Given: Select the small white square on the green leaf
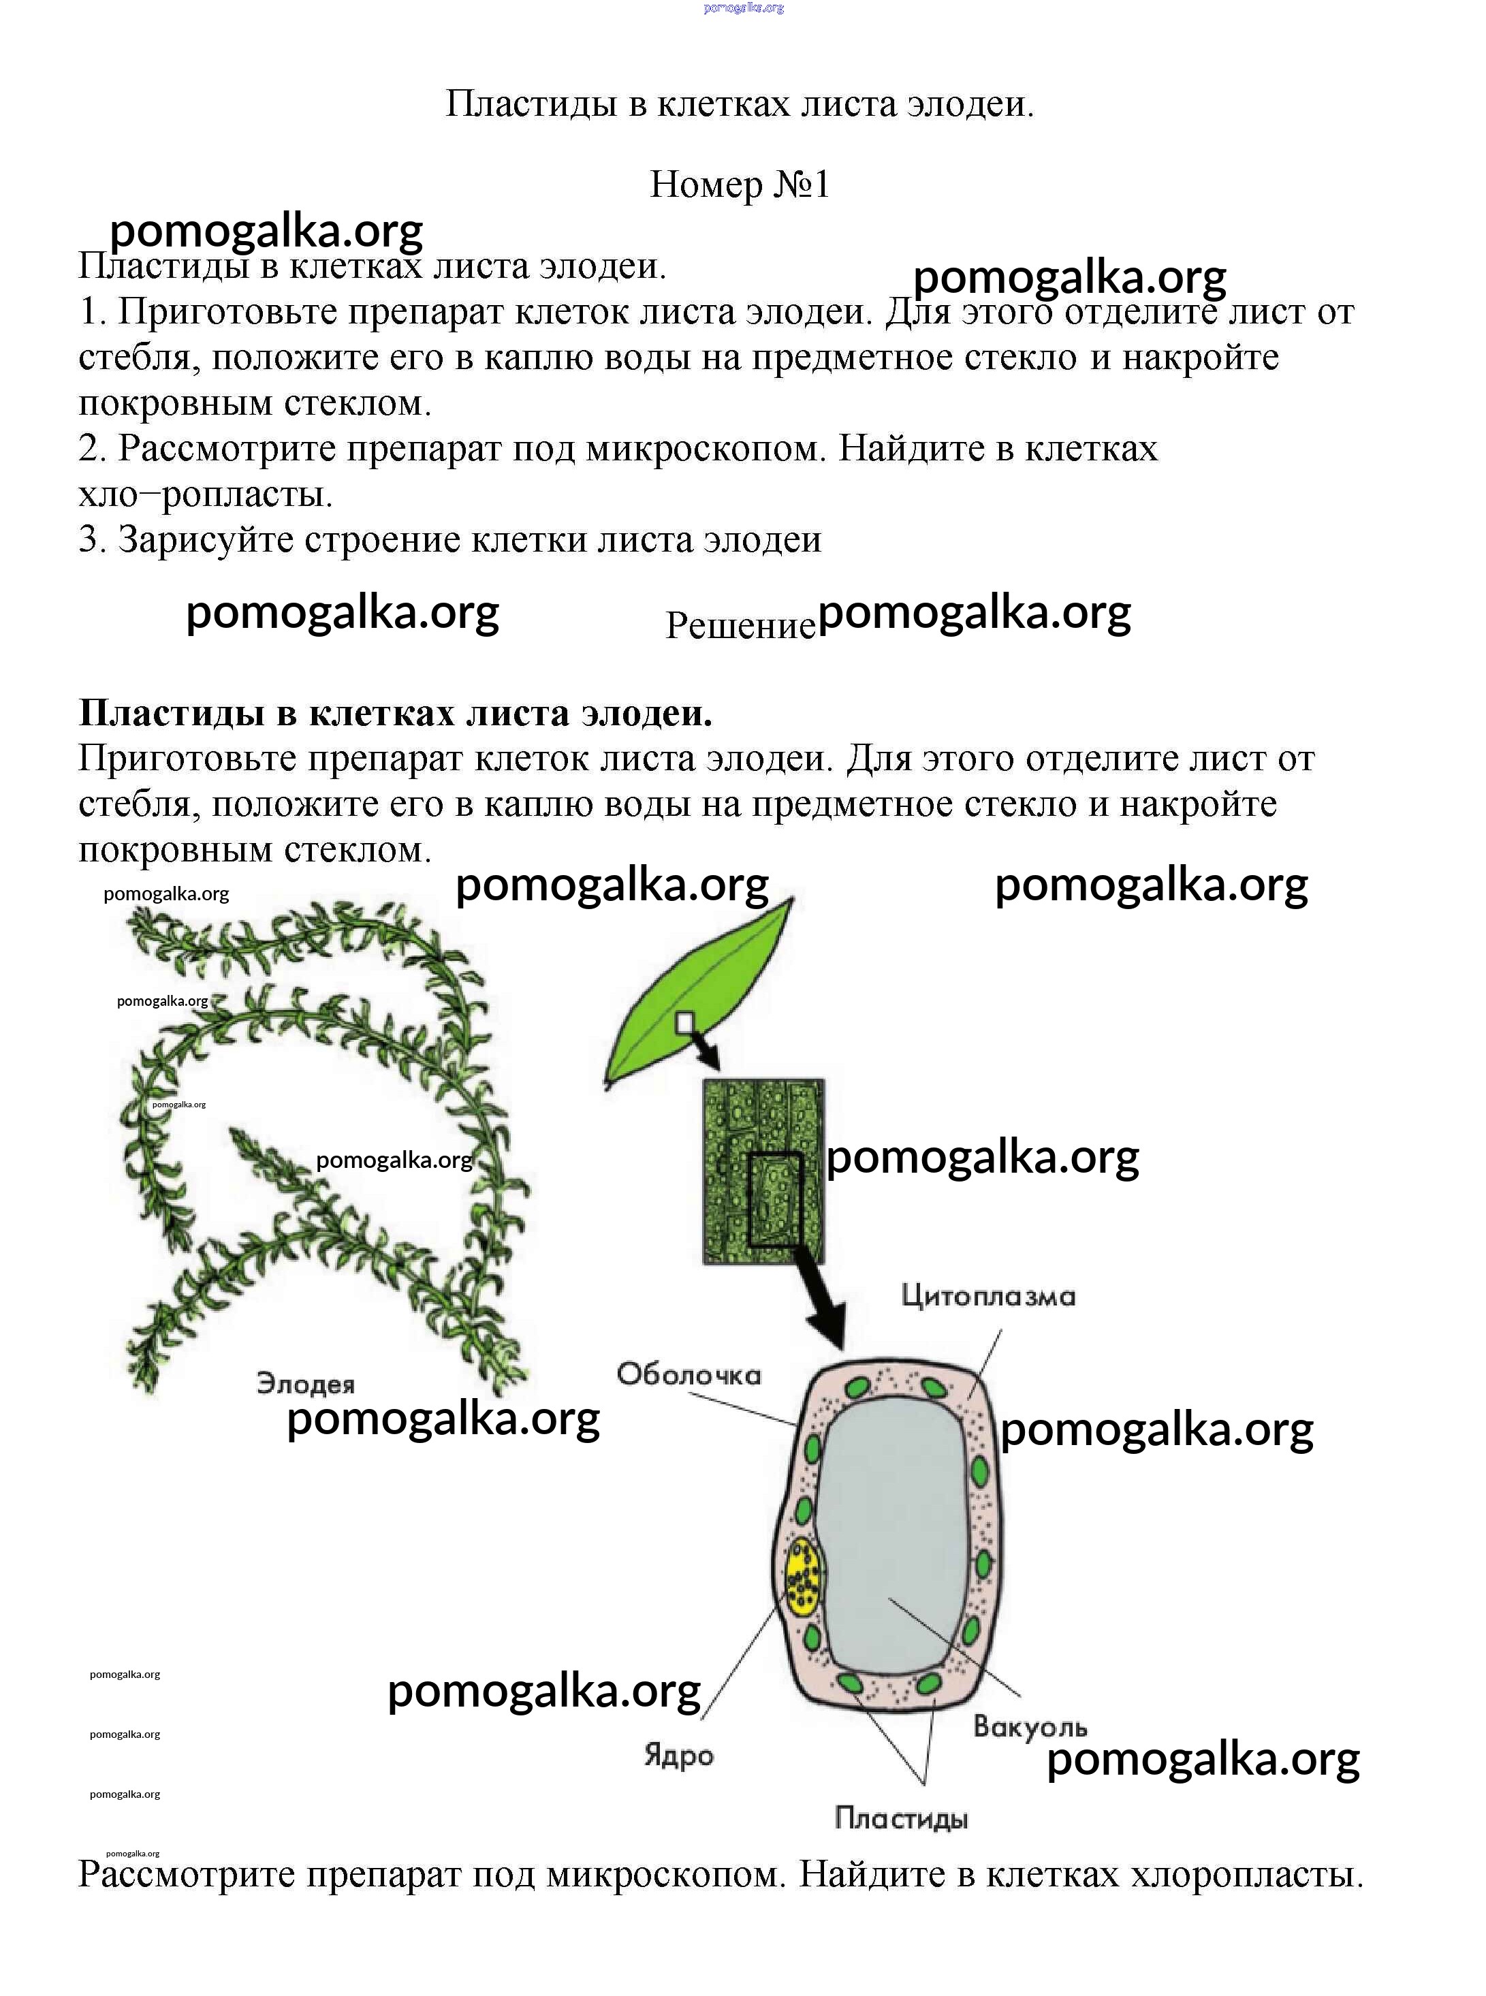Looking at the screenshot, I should click(x=685, y=1023).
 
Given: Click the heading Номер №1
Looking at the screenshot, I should click(x=740, y=185).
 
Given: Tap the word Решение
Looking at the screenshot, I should click(x=740, y=624).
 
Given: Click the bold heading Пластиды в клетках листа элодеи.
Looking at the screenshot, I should click(x=395, y=713).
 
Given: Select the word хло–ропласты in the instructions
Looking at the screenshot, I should click(x=205, y=494).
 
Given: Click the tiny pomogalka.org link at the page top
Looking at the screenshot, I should click(x=743, y=7).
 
